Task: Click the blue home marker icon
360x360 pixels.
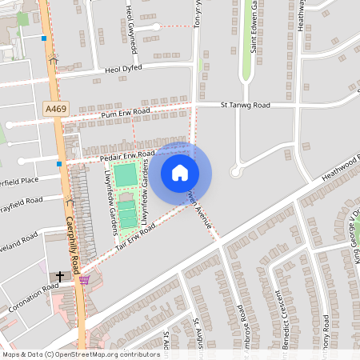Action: [x=180, y=173]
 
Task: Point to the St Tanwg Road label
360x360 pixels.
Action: [x=246, y=105]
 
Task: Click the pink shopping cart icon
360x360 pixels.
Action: [x=84, y=280]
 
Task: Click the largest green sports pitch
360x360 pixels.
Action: [x=126, y=174]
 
